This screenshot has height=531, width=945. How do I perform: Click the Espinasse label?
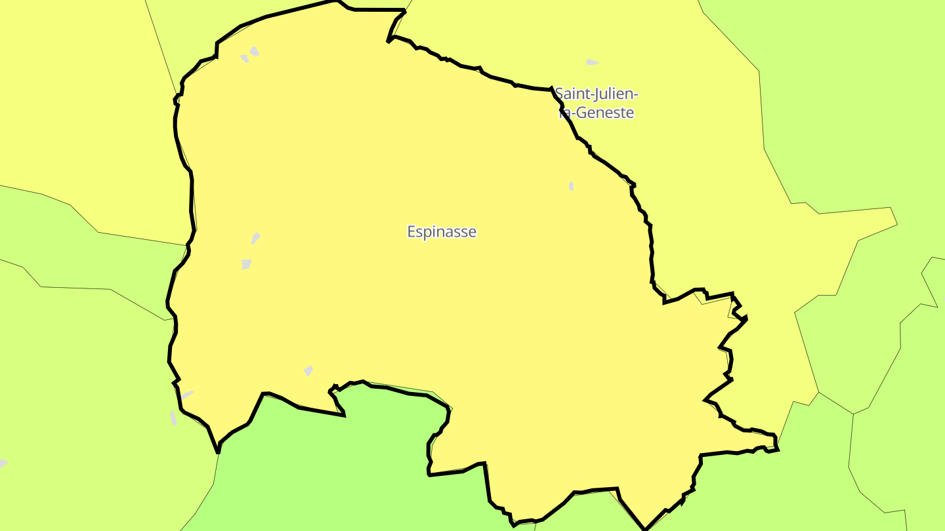pyautogui.click(x=442, y=232)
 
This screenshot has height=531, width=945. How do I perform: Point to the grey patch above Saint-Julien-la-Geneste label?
pyautogui.click(x=591, y=62)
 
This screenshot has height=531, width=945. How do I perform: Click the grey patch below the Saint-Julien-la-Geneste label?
pyautogui.click(x=572, y=186)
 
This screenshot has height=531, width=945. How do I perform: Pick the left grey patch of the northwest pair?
pyautogui.click(x=245, y=58)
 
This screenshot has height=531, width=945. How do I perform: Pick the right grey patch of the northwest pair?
pyautogui.click(x=254, y=51)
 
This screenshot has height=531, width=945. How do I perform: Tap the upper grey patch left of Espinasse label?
pyautogui.click(x=255, y=238)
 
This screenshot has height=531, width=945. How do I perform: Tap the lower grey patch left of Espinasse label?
pyautogui.click(x=246, y=264)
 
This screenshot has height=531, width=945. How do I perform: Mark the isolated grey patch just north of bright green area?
pyautogui.click(x=308, y=371)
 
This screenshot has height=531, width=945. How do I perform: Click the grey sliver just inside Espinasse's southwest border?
pyautogui.click(x=187, y=395)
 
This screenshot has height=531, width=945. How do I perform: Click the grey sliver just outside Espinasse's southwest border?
pyautogui.click(x=173, y=418)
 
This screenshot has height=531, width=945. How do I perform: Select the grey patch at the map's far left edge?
pyautogui.click(x=3, y=463)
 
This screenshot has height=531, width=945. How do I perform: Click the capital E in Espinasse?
pyautogui.click(x=411, y=232)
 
